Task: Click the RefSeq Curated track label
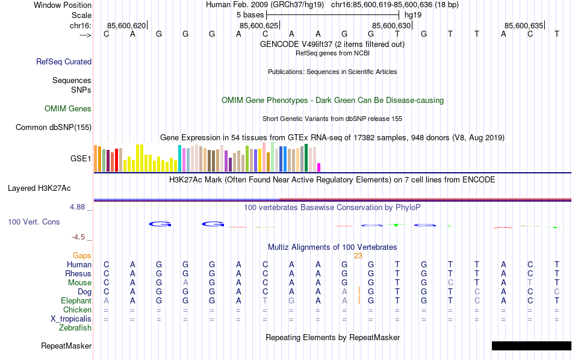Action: pyautogui.click(x=64, y=61)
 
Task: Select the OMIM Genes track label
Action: pyautogui.click(x=68, y=109)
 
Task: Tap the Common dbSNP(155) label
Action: pyautogui.click(x=54, y=127)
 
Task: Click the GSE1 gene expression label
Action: pyautogui.click(x=81, y=159)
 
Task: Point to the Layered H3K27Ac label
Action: pyautogui.click(x=49, y=188)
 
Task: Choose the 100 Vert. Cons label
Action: pyautogui.click(x=34, y=222)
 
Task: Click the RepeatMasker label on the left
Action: pyautogui.click(x=66, y=346)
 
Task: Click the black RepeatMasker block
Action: pyautogui.click(x=531, y=346)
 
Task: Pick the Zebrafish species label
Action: pyautogui.click(x=75, y=328)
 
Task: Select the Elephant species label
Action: pyautogui.click(x=76, y=300)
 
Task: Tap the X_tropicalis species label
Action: pyautogui.click(x=70, y=319)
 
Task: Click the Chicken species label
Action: pyautogui.click(x=77, y=310)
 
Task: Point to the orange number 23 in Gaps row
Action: pyautogui.click(x=358, y=256)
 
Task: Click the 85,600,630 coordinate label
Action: pyautogui.click(x=391, y=25)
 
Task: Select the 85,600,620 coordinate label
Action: pyautogui.click(x=126, y=25)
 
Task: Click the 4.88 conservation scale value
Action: pyautogui.click(x=78, y=207)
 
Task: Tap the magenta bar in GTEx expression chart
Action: pyautogui.click(x=319, y=167)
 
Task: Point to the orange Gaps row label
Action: pyautogui.click(x=82, y=256)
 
